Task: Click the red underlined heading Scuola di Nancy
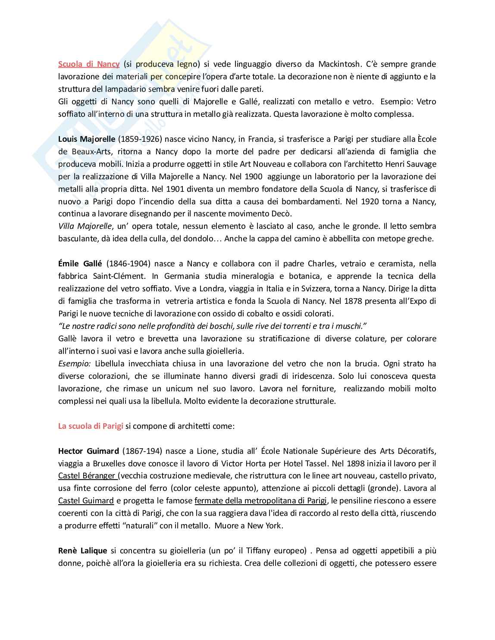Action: click(89, 64)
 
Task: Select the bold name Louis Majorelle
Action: click(87, 139)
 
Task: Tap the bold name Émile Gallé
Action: click(80, 264)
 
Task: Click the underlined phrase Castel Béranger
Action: click(87, 488)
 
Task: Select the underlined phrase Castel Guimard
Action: click(86, 501)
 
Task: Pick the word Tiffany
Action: click(268, 550)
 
